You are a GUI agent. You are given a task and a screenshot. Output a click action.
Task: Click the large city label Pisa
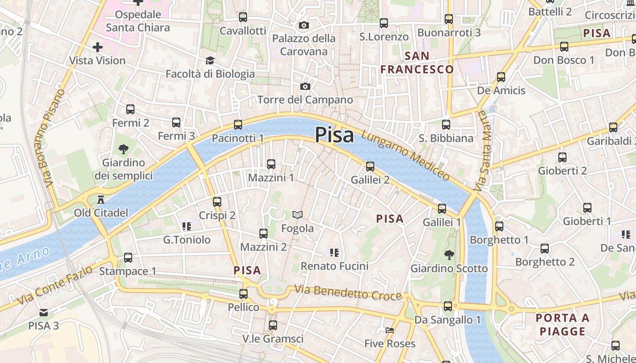click(x=334, y=135)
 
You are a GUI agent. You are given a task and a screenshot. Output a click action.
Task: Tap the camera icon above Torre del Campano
click(x=305, y=86)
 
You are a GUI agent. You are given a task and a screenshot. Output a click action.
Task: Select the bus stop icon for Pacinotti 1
click(x=238, y=124)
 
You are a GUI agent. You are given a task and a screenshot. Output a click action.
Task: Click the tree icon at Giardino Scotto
click(x=449, y=255)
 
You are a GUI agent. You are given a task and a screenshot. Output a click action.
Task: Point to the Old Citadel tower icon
click(x=101, y=199)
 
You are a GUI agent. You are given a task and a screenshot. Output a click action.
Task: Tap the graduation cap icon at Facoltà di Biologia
click(x=210, y=60)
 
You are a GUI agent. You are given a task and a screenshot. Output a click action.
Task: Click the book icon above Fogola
click(x=298, y=215)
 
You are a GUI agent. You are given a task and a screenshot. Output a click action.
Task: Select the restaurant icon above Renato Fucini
click(x=335, y=252)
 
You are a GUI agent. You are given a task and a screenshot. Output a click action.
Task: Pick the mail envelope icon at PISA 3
click(x=44, y=312)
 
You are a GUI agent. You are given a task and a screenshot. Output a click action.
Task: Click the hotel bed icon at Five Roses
click(x=390, y=330)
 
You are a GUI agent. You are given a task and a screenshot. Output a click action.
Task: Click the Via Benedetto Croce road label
click(x=348, y=293)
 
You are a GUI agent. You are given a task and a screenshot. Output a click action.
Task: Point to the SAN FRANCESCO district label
click(x=417, y=63)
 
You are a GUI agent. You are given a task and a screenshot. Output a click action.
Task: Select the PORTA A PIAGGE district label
click(x=563, y=324)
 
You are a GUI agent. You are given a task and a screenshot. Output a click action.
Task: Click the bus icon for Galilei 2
click(x=370, y=167)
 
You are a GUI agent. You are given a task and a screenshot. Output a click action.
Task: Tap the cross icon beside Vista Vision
click(x=97, y=47)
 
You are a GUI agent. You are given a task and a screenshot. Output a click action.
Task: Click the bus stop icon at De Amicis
click(x=501, y=77)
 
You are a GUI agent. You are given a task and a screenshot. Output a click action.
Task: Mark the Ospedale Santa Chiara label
click(x=138, y=21)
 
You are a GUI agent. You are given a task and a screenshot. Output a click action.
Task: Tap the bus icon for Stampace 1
click(x=128, y=258)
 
